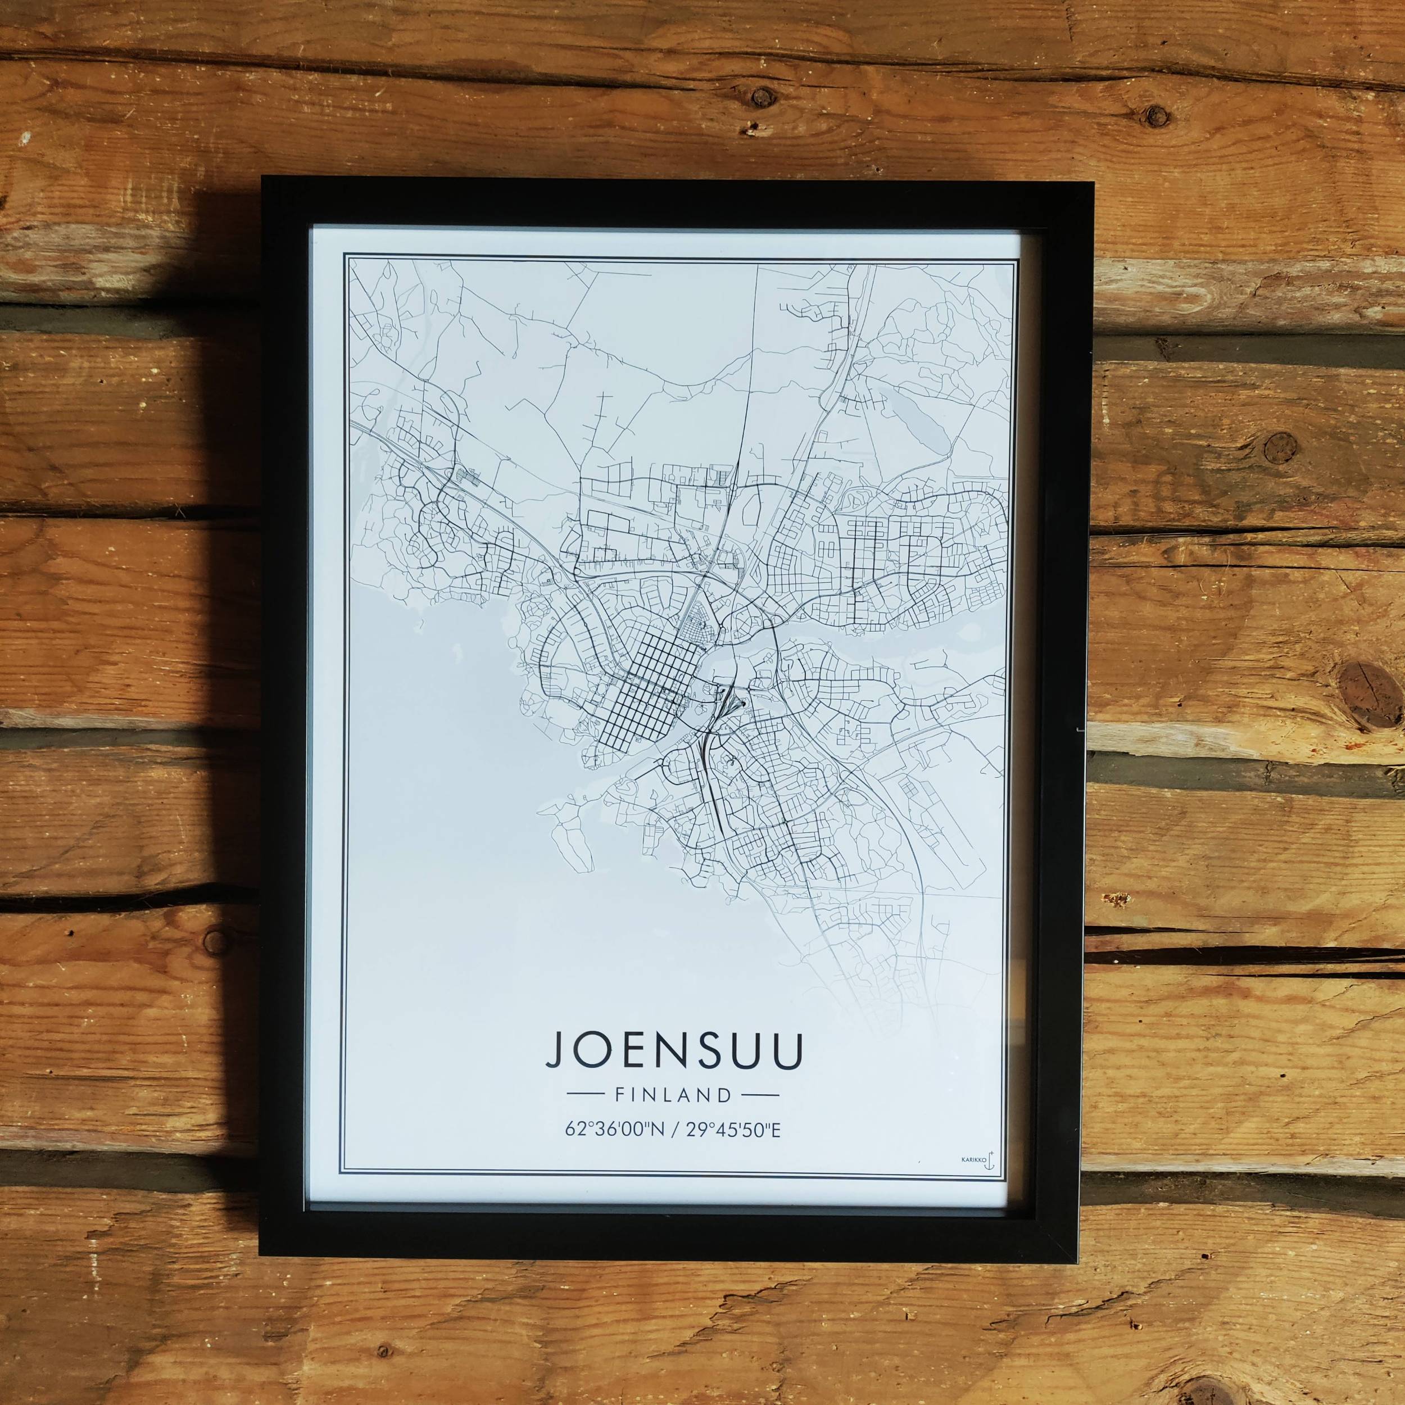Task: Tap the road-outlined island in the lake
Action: point(569,841)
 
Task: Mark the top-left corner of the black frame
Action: point(263,179)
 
